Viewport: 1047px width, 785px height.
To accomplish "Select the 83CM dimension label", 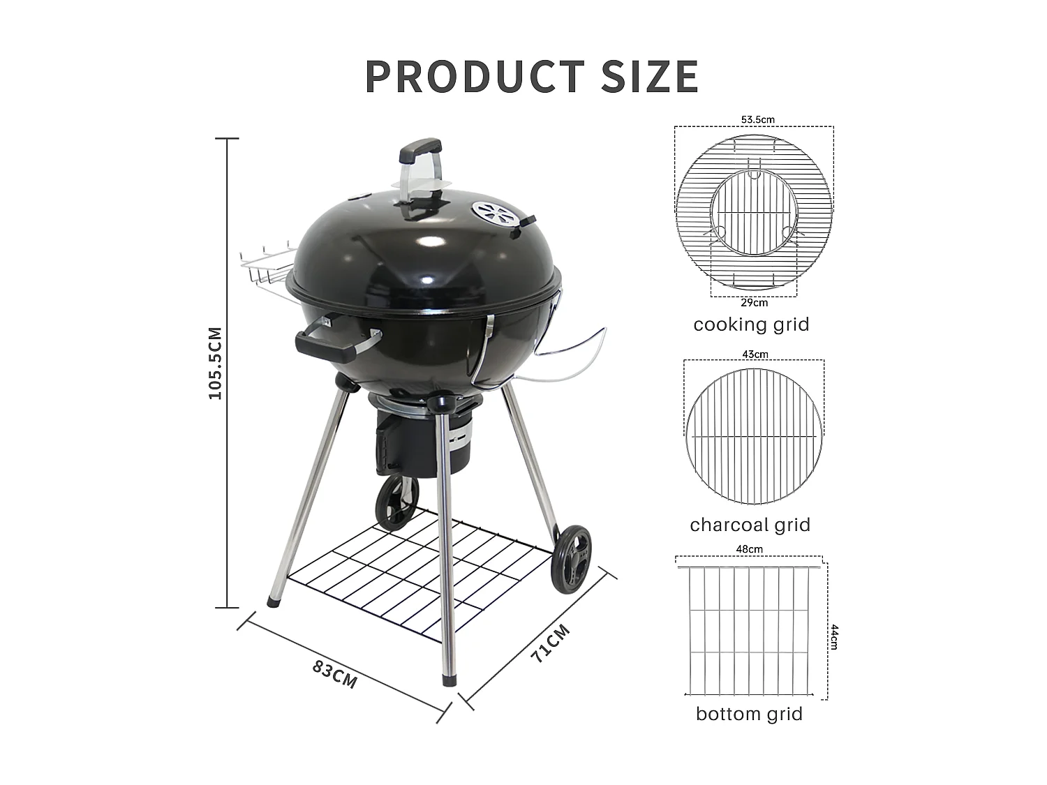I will [334, 673].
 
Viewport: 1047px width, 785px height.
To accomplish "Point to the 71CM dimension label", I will [550, 643].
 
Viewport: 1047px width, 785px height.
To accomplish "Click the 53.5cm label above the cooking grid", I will [757, 119].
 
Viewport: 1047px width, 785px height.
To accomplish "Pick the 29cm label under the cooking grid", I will [754, 302].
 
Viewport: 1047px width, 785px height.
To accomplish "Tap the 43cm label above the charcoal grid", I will [755, 354].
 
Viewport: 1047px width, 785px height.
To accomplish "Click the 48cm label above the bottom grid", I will [749, 549].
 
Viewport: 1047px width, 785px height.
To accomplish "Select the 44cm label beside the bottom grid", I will [833, 636].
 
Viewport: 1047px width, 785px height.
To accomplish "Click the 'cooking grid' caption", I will [751, 324].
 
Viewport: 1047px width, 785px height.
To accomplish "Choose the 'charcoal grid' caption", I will [750, 525].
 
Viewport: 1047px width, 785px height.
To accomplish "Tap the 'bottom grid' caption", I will [749, 714].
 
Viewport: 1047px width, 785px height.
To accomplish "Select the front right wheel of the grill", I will [571, 560].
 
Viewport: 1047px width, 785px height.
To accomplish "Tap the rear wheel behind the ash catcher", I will [396, 502].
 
